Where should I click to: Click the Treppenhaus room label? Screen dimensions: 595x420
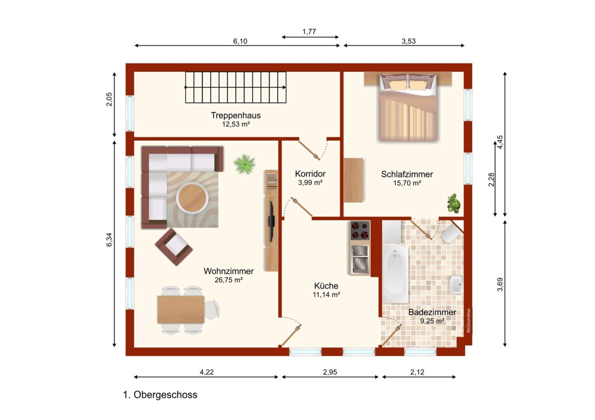[x=236, y=115]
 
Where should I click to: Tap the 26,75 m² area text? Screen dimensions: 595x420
[x=229, y=280]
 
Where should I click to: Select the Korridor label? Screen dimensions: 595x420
[x=310, y=174]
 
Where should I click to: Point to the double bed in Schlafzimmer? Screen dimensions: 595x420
[x=408, y=107]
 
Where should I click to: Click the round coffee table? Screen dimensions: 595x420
[x=192, y=198]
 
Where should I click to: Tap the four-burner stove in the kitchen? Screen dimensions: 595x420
[x=360, y=230]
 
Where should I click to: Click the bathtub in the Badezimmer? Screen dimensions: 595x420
[x=395, y=274]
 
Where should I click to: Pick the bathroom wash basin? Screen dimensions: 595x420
[x=456, y=285]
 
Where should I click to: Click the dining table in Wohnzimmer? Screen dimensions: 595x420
[x=181, y=310]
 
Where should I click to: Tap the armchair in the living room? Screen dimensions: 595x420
[x=174, y=247]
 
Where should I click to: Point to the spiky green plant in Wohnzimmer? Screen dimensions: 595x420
[x=245, y=164]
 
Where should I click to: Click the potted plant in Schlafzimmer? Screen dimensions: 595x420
[x=453, y=203]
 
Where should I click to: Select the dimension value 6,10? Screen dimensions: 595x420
[x=240, y=41]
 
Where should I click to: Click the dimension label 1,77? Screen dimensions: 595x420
[x=309, y=31]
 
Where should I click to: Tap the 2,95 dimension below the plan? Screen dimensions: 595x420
[x=330, y=372]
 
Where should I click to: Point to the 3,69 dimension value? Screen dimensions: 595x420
[x=500, y=284]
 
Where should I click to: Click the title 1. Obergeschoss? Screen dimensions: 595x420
[x=160, y=395]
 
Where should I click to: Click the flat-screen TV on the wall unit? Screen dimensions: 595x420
[x=271, y=222]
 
